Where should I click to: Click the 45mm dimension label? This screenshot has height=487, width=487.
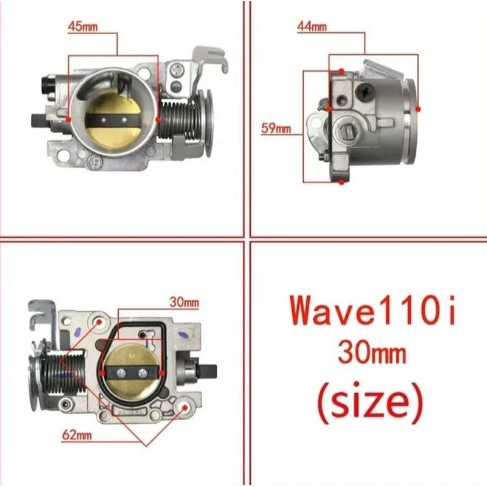(83, 26)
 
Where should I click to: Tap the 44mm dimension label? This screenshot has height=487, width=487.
(312, 27)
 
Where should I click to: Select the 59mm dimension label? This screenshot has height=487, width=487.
(276, 128)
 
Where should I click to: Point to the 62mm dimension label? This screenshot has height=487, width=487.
(77, 435)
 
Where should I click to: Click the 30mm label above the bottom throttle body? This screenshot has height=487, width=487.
(184, 302)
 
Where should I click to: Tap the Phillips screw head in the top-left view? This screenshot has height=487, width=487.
(178, 71)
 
